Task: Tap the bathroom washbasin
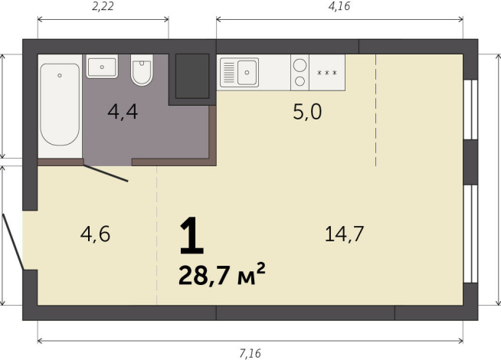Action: tap(101, 67)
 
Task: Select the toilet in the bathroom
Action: tap(142, 71)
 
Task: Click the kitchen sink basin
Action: tap(248, 74)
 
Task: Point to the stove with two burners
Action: tap(300, 72)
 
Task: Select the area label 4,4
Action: tap(123, 113)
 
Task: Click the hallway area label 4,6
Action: tap(95, 234)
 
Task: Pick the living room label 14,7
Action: tap(343, 234)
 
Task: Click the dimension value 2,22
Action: tap(103, 7)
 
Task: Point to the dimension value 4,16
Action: tap(339, 7)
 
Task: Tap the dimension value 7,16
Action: tap(250, 353)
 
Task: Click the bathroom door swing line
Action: tap(106, 173)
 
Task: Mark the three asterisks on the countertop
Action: tap(327, 73)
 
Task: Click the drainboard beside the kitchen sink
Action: tap(228, 74)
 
